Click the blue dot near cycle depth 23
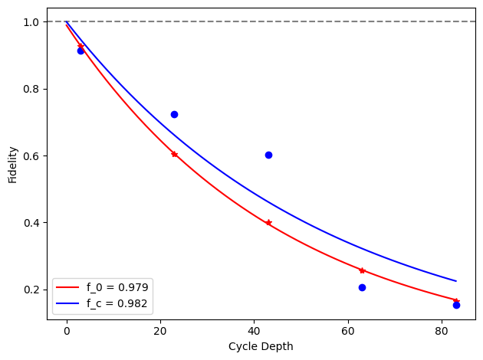click(x=174, y=114)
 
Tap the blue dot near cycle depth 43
click(x=268, y=155)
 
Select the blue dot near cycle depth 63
click(x=362, y=287)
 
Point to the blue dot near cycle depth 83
click(x=456, y=305)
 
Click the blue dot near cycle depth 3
click(x=80, y=51)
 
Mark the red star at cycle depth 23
click(x=174, y=154)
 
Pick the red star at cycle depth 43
click(x=268, y=222)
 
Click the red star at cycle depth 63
click(x=362, y=270)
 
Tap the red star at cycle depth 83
click(x=456, y=300)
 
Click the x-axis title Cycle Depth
click(x=261, y=346)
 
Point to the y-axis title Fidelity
click(x=13, y=165)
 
